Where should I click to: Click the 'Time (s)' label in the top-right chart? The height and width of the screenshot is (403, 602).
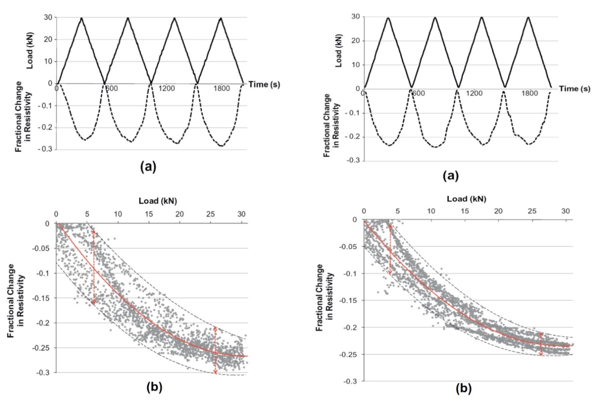tap(574, 88)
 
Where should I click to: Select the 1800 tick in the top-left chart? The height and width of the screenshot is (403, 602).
tap(222, 88)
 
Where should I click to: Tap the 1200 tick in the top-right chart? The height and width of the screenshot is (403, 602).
tap(474, 94)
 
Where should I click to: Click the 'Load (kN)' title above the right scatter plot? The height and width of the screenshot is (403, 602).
tap(467, 198)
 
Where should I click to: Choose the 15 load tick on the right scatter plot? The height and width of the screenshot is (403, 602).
tap(465, 211)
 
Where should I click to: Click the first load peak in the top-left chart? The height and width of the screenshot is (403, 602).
tap(81, 18)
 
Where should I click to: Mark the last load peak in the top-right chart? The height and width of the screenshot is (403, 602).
tap(528, 18)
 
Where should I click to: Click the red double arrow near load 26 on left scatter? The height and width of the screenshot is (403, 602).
tap(215, 350)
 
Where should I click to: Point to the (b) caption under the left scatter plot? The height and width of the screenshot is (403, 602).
tap(154, 387)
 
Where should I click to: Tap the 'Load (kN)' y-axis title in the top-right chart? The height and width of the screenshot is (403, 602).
tap(339, 52)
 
